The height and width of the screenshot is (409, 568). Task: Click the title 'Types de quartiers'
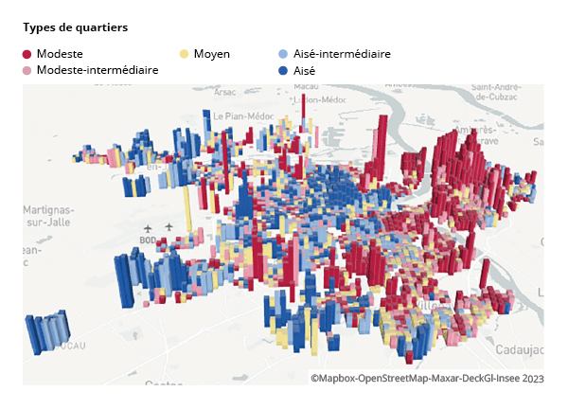click(75, 27)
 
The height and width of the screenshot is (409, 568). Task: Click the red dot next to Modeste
click(27, 54)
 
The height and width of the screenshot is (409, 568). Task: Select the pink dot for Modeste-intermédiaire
click(27, 70)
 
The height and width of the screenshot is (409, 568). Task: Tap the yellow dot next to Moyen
click(185, 54)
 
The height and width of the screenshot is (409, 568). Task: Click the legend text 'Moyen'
click(211, 54)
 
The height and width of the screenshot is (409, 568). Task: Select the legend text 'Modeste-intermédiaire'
click(97, 70)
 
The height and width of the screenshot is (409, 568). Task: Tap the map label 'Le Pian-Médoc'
click(241, 116)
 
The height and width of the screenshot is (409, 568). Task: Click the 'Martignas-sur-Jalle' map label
click(48, 214)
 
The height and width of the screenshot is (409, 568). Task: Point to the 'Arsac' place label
click(225, 93)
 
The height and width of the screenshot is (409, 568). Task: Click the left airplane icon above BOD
click(149, 228)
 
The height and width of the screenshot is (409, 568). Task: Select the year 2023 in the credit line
click(531, 378)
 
